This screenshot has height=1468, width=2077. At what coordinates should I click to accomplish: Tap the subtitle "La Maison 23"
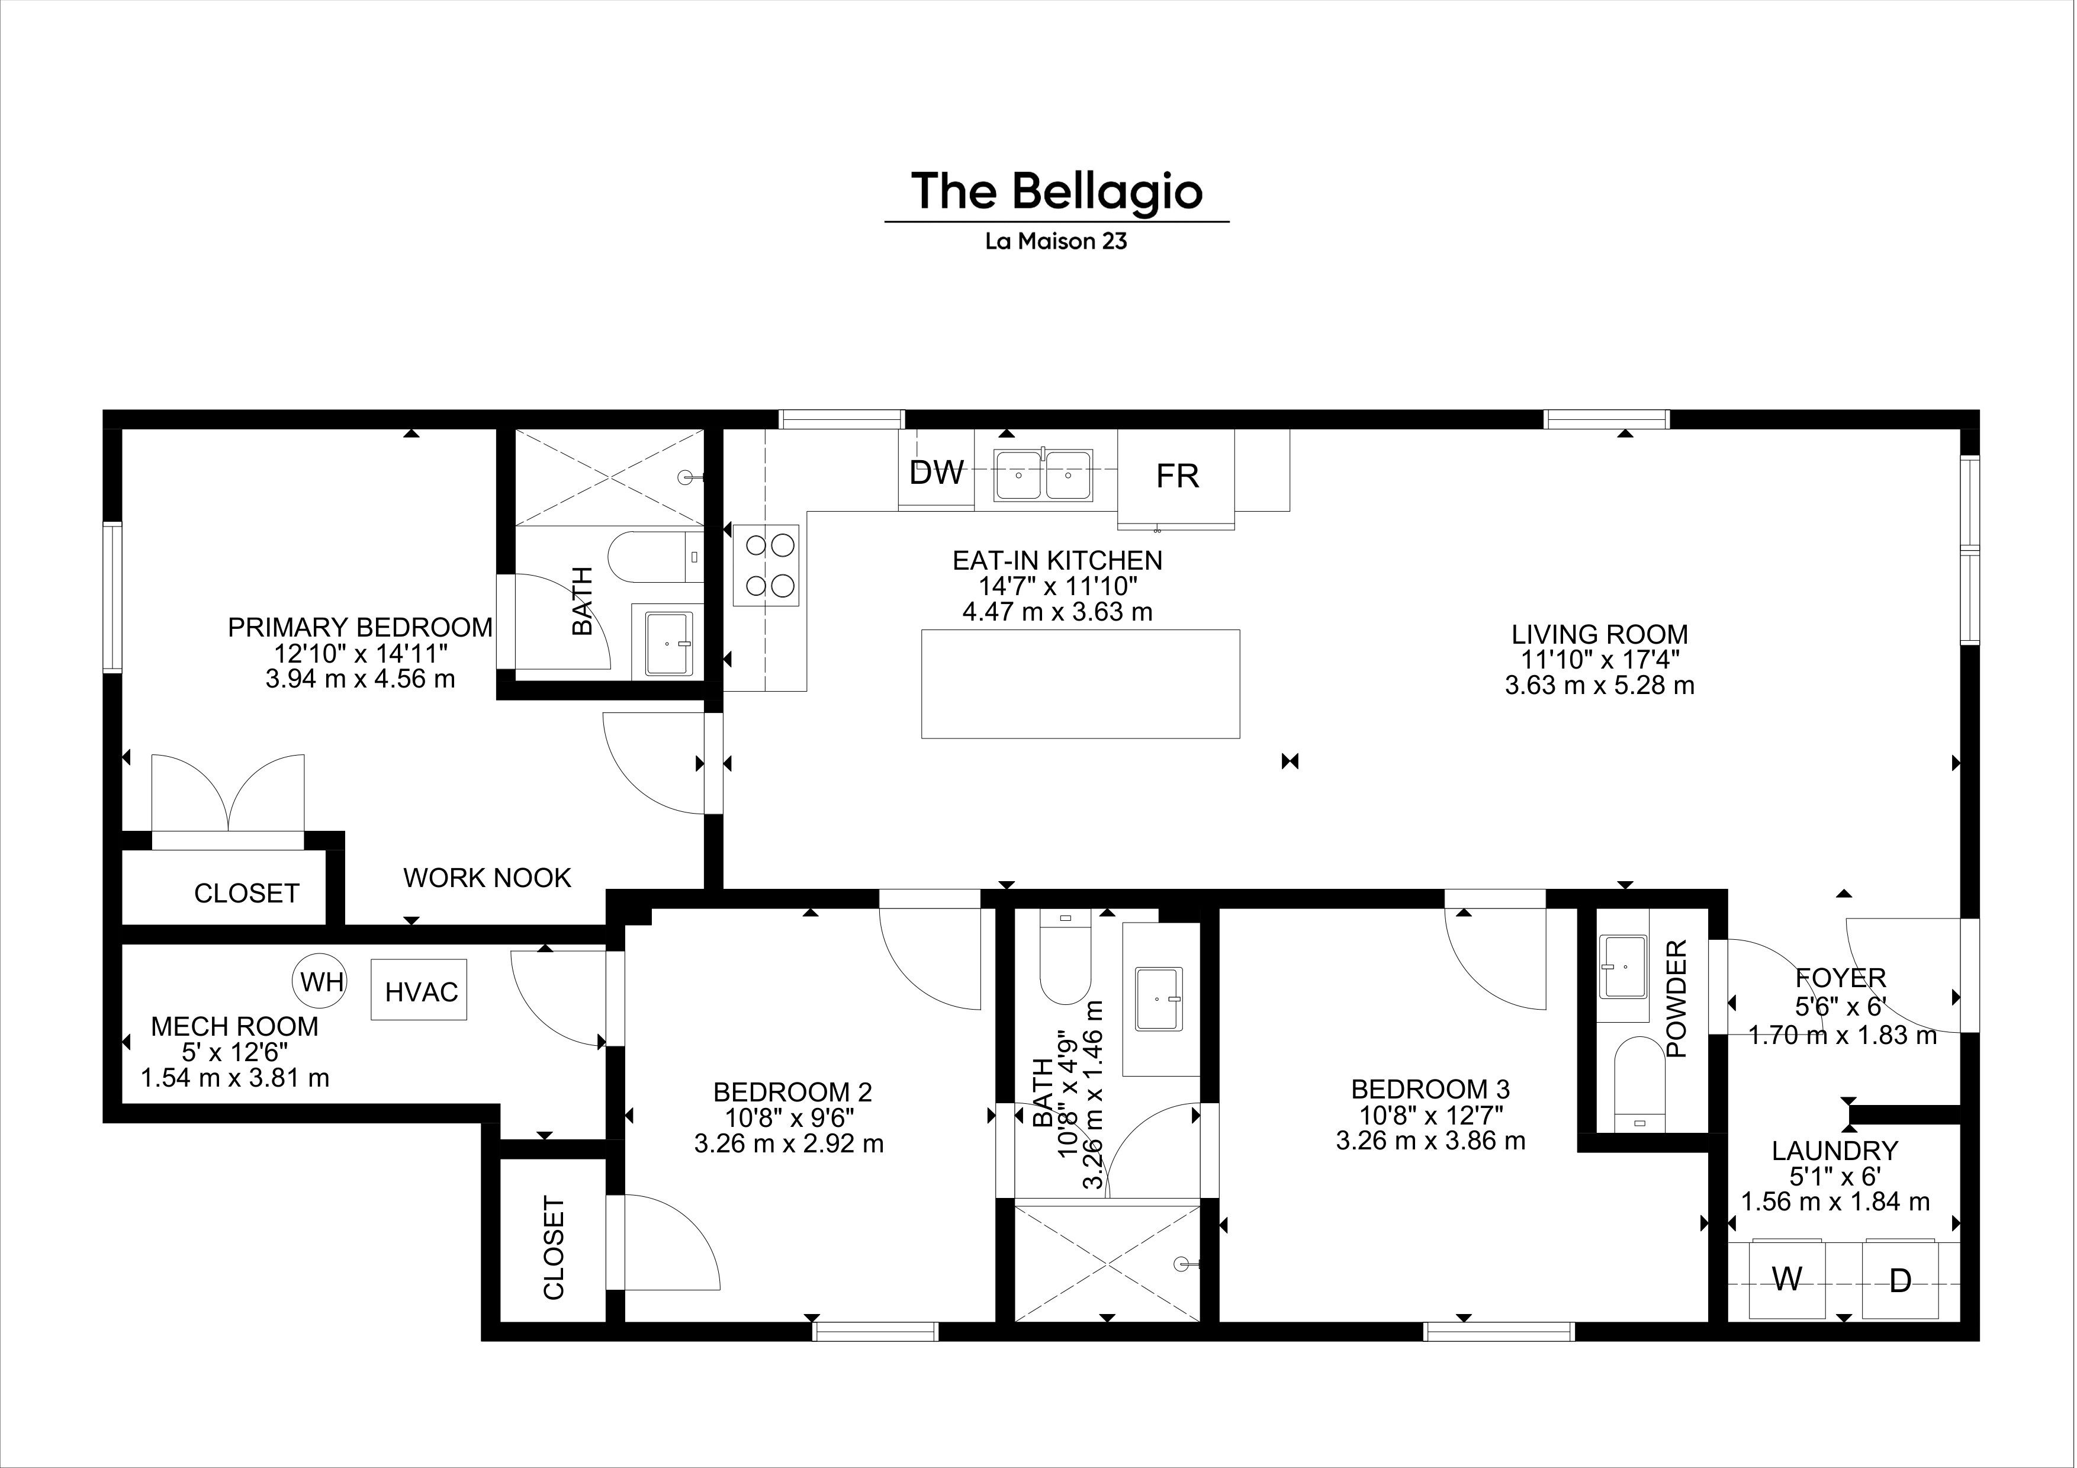coord(1057,242)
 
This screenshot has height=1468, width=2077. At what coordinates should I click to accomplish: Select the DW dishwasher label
coord(936,472)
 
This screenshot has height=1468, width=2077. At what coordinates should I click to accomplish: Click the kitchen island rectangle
coord(1080,684)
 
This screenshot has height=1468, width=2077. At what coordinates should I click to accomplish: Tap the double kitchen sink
coord(1043,476)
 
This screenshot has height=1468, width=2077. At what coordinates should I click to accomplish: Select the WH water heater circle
coord(320,981)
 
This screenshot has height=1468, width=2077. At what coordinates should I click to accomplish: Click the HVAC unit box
coord(420,991)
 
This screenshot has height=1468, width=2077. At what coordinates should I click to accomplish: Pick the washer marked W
coord(1787,1279)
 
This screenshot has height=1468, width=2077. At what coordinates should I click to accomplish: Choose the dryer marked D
coord(1901,1279)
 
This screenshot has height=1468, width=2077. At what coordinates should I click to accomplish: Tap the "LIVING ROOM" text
coord(1599,634)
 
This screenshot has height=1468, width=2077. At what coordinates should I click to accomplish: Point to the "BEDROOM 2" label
coord(792,1092)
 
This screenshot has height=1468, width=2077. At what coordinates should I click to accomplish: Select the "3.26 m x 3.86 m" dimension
coord(1430,1142)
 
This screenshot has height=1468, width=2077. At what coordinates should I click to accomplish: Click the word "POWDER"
coord(1676,998)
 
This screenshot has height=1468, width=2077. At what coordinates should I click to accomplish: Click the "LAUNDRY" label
coord(1835,1151)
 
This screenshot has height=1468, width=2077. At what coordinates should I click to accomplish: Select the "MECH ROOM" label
coord(234,1027)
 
